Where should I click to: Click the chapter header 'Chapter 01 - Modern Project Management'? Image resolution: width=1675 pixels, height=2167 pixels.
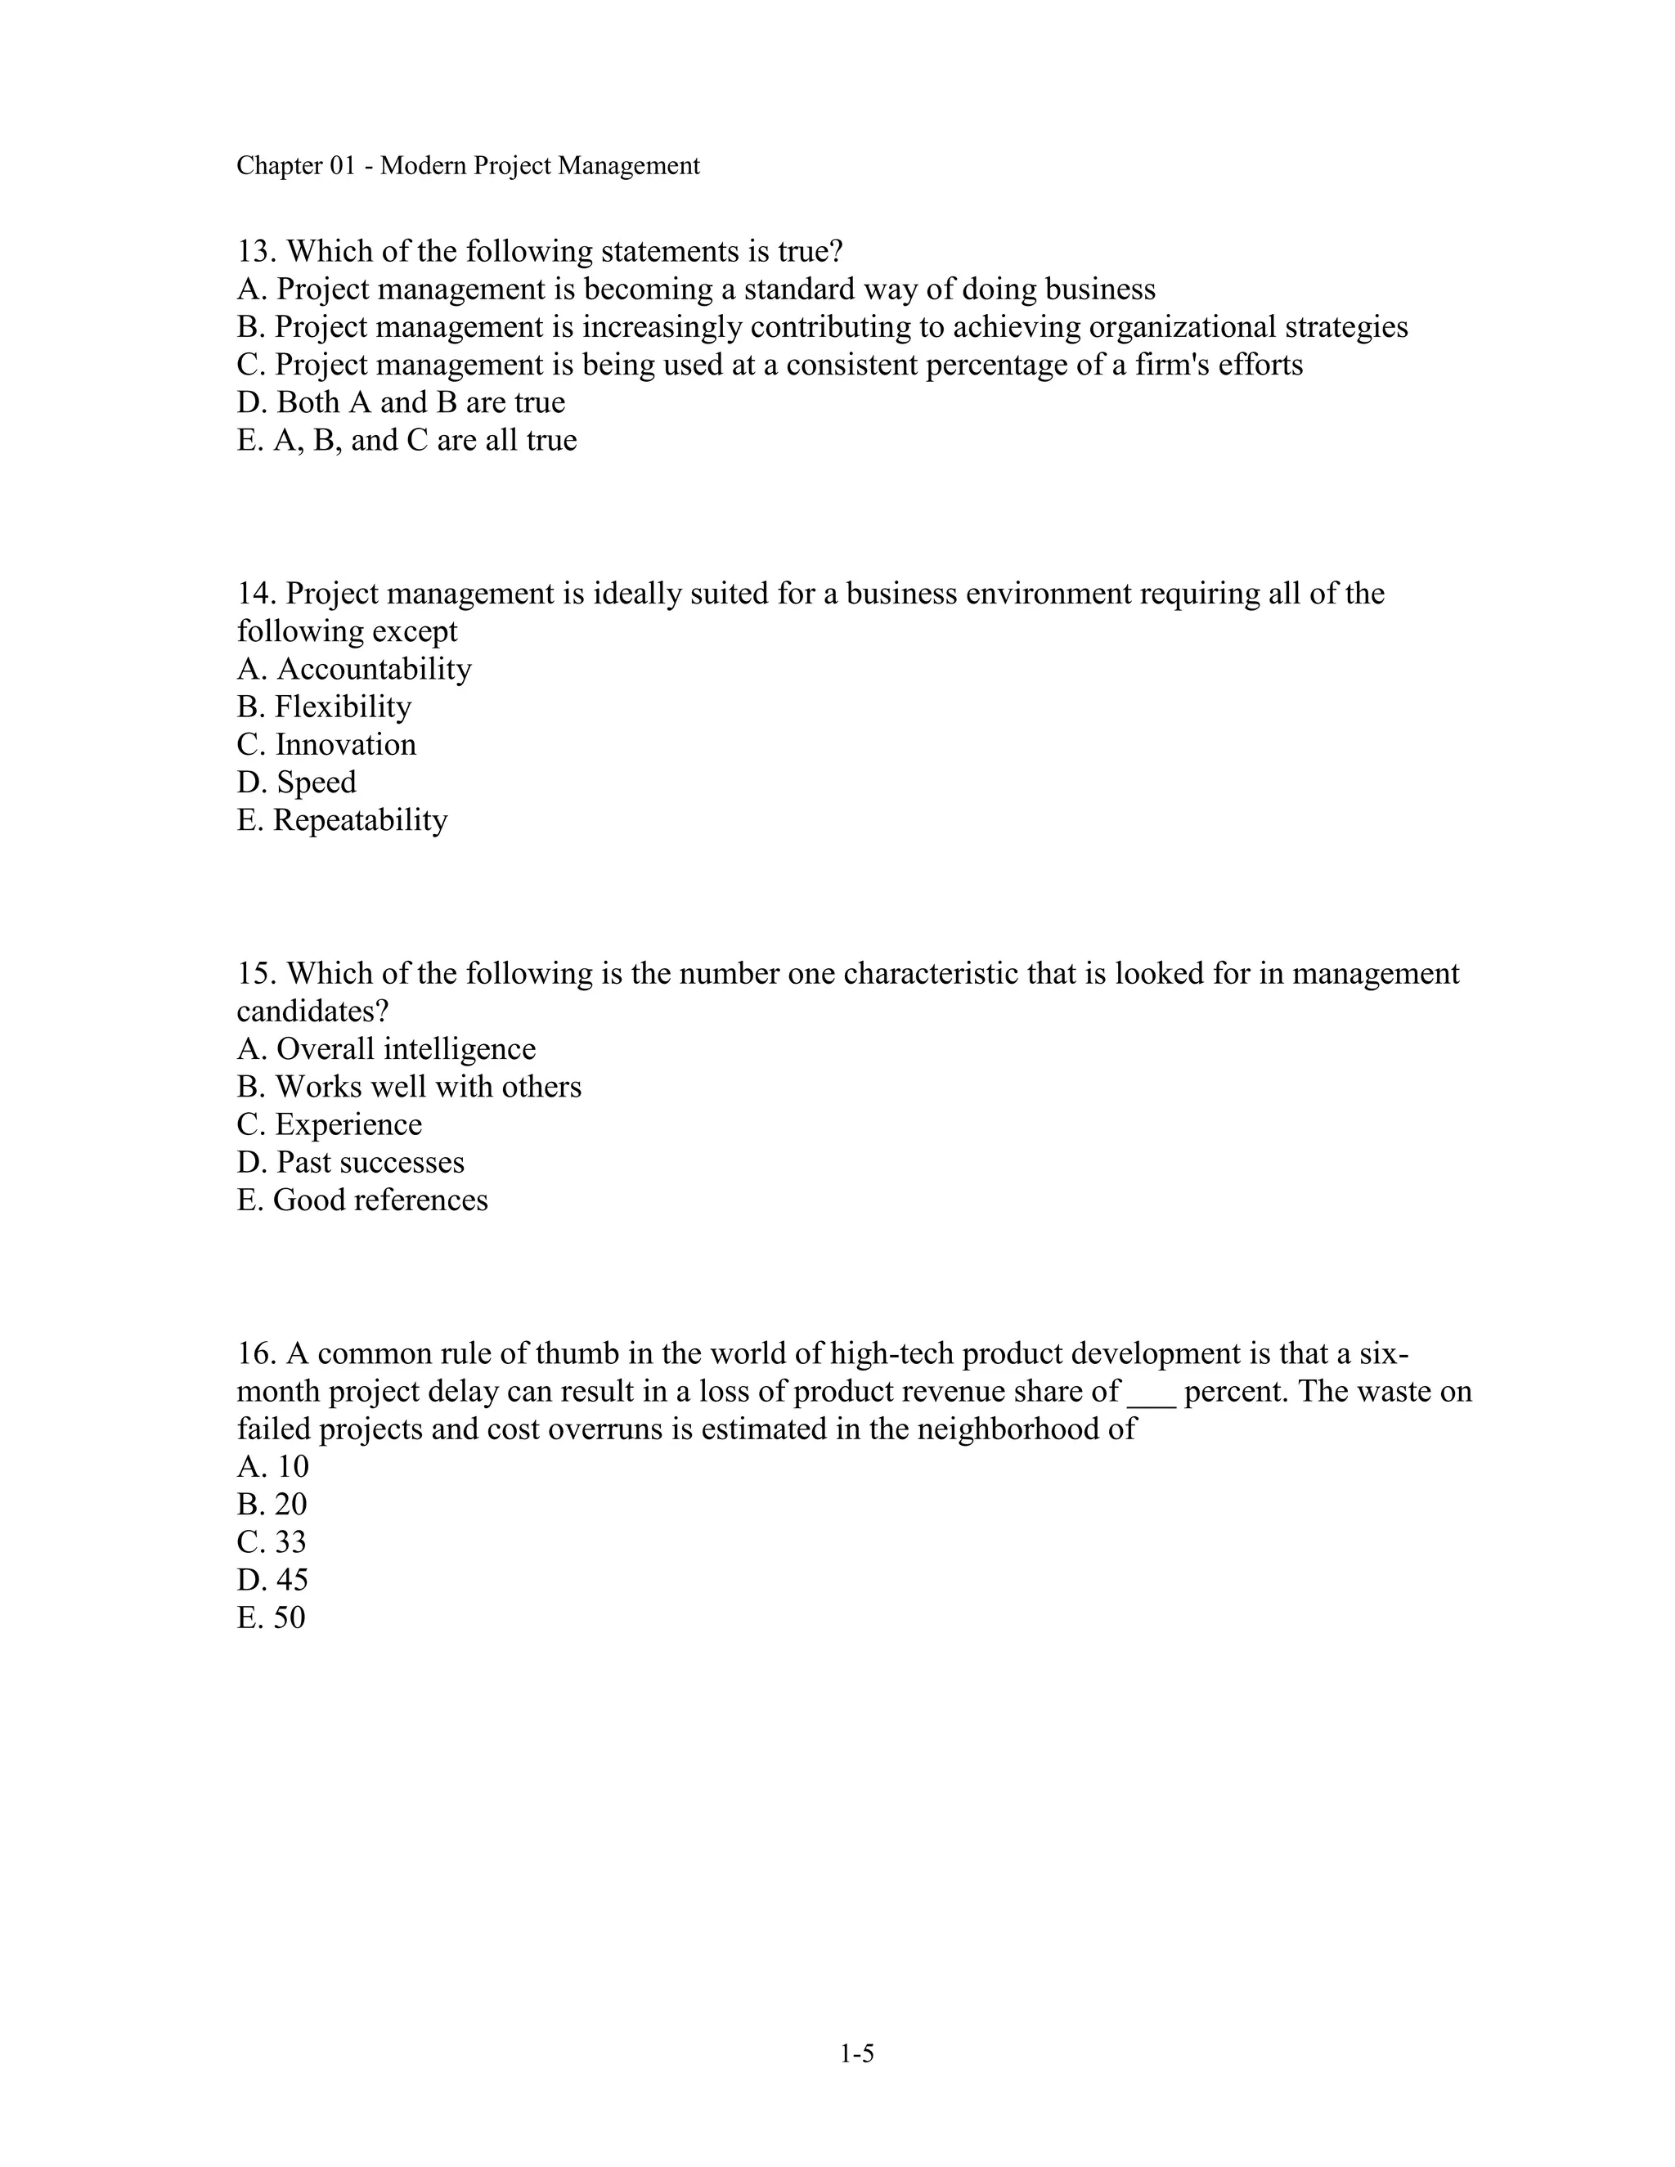coord(467,166)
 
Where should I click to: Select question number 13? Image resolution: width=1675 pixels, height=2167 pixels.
coord(256,252)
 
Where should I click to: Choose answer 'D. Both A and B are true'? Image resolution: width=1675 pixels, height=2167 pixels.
coord(401,403)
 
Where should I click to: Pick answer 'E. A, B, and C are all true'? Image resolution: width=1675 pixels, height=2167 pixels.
coord(406,441)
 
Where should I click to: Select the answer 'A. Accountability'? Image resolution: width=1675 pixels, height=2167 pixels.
coord(354,670)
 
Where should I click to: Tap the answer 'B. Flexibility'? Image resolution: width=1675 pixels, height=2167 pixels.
coord(324,707)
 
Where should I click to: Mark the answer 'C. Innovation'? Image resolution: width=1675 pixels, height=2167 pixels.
coord(326,745)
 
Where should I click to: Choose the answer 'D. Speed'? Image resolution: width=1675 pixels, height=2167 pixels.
coord(296,783)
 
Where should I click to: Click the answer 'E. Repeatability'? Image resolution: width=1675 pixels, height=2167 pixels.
coord(343,820)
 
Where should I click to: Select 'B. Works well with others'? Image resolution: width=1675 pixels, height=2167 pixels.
coord(409,1088)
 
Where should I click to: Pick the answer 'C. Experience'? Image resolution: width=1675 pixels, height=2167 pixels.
coord(329,1125)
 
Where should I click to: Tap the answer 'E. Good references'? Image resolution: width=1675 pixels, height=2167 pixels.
coord(362,1200)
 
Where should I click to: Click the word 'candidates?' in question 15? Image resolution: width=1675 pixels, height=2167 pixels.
coord(312,1012)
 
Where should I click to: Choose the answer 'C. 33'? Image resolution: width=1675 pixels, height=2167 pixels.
coord(272,1543)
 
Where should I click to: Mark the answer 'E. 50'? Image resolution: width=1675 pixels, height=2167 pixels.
coord(271,1618)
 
